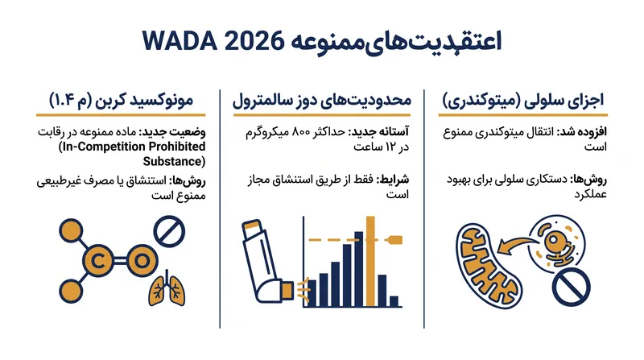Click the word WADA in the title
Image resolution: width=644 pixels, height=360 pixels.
[180, 41]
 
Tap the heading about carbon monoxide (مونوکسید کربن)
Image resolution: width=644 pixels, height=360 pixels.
[122, 101]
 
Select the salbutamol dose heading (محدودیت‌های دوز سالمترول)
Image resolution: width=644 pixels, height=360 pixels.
[321, 101]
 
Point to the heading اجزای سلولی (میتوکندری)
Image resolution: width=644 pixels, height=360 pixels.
[522, 101]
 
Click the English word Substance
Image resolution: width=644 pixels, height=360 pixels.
[174, 162]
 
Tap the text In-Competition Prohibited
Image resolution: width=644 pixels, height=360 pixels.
[132, 147]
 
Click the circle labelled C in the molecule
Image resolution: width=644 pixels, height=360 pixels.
[97, 261]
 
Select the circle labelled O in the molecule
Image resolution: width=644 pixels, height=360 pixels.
[142, 261]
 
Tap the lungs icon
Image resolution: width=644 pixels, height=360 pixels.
[167, 288]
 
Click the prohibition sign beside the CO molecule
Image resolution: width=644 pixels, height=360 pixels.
[169, 231]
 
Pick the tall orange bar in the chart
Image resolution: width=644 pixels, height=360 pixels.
[370, 262]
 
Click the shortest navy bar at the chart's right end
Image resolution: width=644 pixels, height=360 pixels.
[394, 301]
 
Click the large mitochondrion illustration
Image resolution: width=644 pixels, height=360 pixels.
[489, 266]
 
